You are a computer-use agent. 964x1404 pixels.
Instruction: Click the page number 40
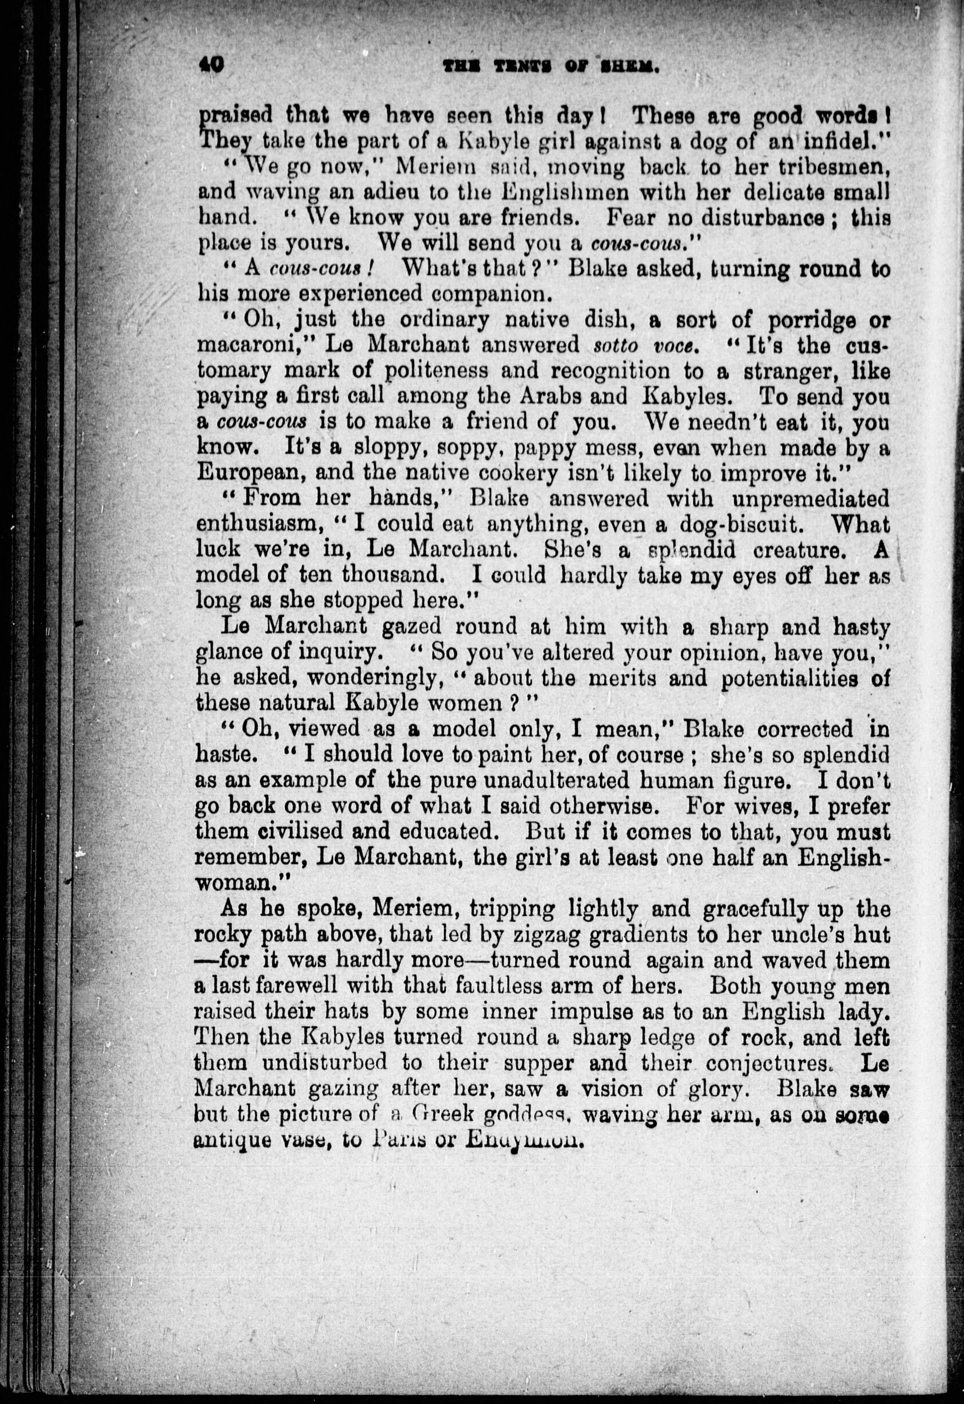[x=211, y=64]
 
